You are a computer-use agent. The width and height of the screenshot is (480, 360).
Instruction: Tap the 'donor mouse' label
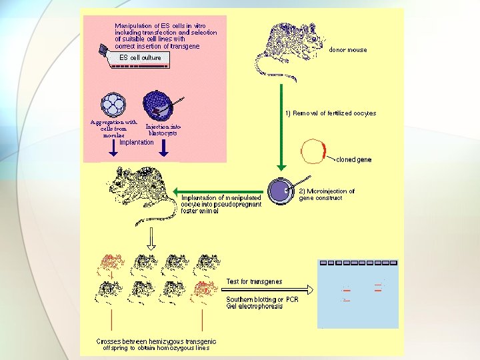click(x=348, y=50)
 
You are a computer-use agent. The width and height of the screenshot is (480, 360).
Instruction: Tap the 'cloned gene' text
click(x=354, y=160)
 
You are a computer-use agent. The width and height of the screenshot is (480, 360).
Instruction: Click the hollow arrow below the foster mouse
click(x=151, y=237)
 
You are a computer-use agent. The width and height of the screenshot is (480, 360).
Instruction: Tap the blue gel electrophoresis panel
click(x=358, y=293)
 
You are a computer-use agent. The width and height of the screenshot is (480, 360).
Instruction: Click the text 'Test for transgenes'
click(x=254, y=281)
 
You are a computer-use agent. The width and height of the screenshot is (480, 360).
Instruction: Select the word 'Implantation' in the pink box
click(x=137, y=142)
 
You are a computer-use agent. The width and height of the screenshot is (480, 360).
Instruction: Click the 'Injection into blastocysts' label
click(x=162, y=129)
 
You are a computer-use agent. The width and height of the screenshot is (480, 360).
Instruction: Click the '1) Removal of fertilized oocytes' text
click(x=331, y=113)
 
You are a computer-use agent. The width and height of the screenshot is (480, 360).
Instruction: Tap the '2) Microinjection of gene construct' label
click(x=327, y=195)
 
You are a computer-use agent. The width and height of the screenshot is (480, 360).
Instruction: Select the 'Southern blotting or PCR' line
click(x=262, y=299)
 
